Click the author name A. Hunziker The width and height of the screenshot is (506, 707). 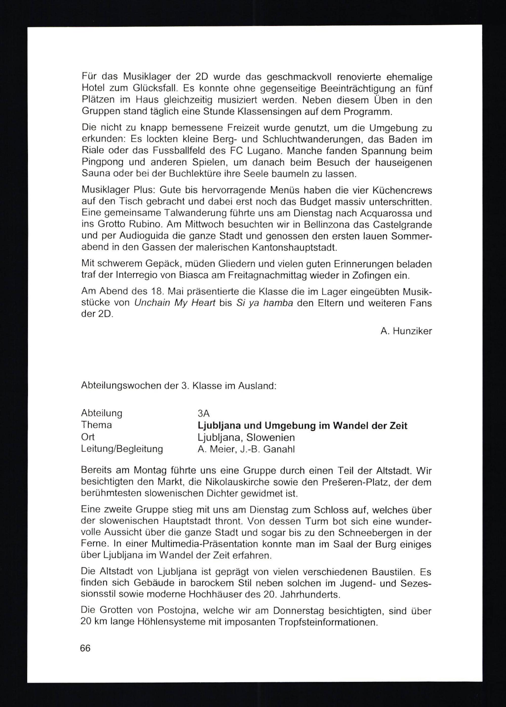point(406,331)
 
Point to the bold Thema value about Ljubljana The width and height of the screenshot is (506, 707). point(302,426)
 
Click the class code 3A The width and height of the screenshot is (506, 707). point(203,413)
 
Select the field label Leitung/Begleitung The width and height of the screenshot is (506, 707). point(122,449)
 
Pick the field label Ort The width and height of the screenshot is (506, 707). point(88,437)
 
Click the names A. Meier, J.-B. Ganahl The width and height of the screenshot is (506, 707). point(246,449)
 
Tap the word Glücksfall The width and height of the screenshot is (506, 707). point(155,89)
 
